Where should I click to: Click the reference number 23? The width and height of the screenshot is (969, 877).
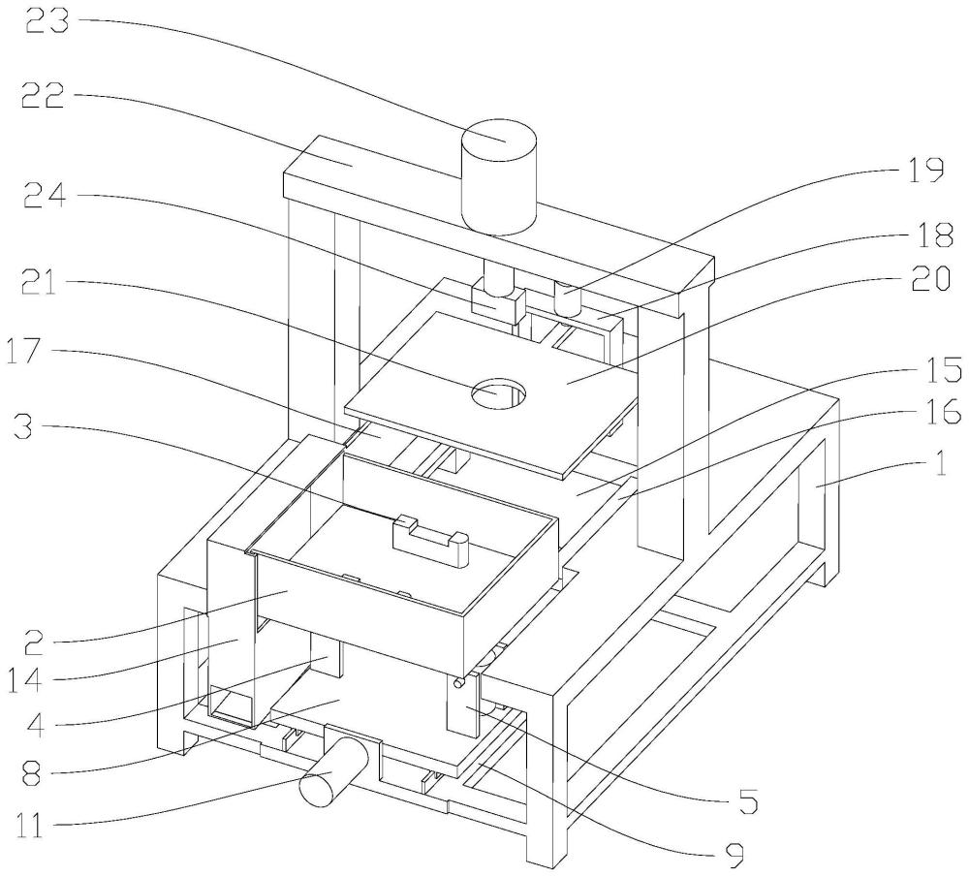click(47, 21)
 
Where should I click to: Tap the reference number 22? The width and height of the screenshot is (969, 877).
click(44, 97)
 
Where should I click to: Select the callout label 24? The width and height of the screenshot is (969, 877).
click(44, 197)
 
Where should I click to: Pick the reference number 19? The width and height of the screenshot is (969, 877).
click(924, 170)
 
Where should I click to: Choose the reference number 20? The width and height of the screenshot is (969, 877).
click(929, 278)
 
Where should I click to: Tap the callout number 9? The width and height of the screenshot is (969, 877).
click(734, 856)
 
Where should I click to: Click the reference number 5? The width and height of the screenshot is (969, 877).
click(747, 801)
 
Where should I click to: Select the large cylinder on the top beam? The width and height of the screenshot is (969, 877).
click(499, 176)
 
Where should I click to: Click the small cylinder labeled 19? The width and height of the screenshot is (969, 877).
click(568, 298)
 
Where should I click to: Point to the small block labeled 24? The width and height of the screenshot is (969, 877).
click(498, 305)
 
